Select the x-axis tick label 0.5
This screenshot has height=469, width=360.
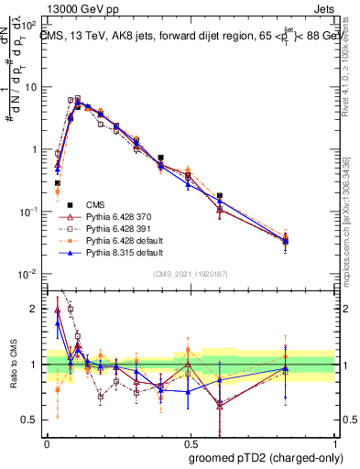click(190, 442)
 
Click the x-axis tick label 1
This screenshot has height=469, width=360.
click(333, 442)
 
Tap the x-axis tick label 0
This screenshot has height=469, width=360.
click(47, 442)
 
